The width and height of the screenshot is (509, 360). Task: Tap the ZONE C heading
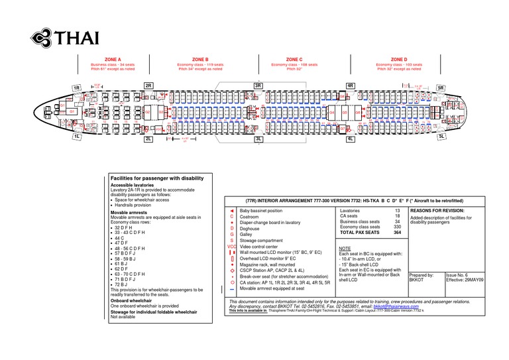(294, 59)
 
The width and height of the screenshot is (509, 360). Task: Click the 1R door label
(77, 88)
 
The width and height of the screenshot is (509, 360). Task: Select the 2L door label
(148, 140)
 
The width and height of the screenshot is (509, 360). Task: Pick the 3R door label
(258, 86)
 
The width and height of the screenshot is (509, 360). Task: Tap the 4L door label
(351, 140)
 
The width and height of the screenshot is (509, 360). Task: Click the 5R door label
(441, 88)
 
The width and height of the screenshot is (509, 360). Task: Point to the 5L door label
(441, 136)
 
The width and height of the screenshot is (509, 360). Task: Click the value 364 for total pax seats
(397, 233)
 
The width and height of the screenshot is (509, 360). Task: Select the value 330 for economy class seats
(397, 227)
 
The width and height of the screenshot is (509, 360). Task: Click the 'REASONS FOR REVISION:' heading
(437, 210)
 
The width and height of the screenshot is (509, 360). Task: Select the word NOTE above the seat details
(345, 247)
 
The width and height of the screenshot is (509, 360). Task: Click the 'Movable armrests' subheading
(131, 211)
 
